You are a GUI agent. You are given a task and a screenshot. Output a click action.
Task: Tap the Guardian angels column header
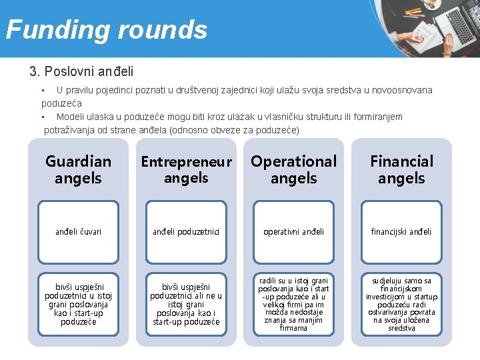[x=78, y=169]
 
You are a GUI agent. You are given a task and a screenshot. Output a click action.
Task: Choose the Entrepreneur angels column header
[x=186, y=169]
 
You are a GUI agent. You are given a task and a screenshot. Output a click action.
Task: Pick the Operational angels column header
[x=293, y=169]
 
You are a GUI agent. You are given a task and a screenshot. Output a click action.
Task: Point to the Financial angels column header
[x=401, y=169]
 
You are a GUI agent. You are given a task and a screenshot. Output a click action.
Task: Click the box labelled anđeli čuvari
[x=78, y=231]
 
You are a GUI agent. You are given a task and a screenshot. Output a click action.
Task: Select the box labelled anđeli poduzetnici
[x=186, y=231]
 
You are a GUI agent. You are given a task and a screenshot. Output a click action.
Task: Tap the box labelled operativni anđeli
[x=293, y=231]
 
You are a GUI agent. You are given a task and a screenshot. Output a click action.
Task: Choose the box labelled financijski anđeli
[x=401, y=231]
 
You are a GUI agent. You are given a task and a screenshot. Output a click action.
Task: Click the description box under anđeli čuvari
[x=78, y=304]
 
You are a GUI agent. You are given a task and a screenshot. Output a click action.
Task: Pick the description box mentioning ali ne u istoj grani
[x=186, y=304]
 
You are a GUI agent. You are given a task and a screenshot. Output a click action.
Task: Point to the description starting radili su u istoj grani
[x=293, y=304]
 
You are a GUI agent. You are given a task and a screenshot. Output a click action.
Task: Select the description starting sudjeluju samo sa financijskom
[x=401, y=304]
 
